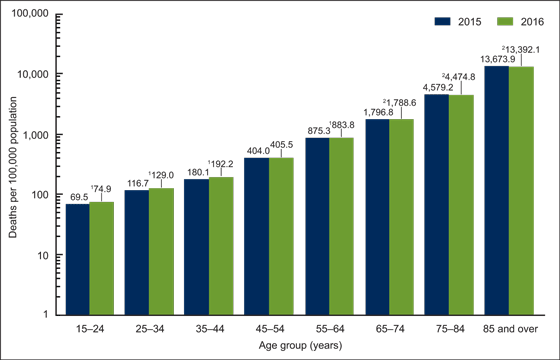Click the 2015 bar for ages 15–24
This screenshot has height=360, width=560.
[78, 259]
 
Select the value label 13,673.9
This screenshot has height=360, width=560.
[495, 60]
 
